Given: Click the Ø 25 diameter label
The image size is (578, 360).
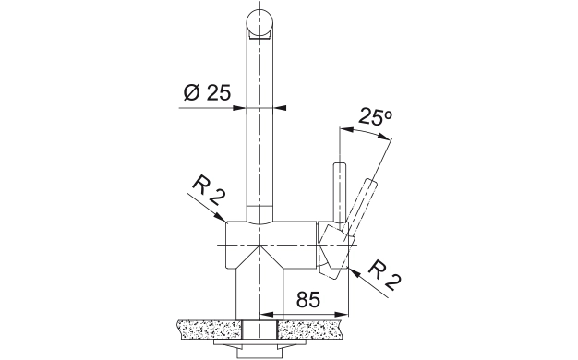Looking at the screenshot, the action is pyautogui.click(x=207, y=92).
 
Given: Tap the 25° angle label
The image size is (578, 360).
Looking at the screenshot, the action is pyautogui.click(x=375, y=117).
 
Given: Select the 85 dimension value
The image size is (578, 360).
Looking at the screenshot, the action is pyautogui.click(x=308, y=300).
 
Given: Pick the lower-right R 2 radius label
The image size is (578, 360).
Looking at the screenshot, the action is pyautogui.click(x=384, y=274).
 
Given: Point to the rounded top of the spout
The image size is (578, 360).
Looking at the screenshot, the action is pyautogui.click(x=259, y=23).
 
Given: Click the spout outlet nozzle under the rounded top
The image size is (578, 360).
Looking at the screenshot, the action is pyautogui.click(x=259, y=35).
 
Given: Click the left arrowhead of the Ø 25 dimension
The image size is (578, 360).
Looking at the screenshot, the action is pyautogui.click(x=240, y=108).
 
